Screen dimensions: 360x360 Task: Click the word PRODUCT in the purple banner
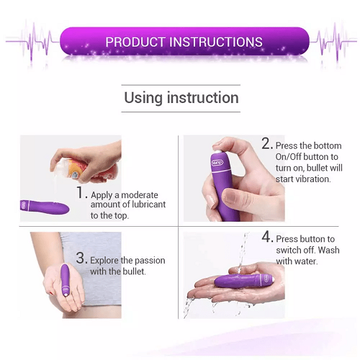(135, 42)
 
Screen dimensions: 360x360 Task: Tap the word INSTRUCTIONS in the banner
(216, 42)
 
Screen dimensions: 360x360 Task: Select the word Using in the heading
(143, 98)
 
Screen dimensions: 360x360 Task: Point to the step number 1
(81, 192)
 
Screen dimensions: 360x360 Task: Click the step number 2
(266, 143)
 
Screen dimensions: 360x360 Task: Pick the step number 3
(81, 258)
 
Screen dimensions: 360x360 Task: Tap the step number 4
(267, 237)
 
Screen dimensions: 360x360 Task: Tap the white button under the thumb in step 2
(218, 151)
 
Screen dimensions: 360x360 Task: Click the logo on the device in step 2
(217, 163)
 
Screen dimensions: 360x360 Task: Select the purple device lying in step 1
(45, 207)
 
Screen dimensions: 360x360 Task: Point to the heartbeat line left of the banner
(32, 41)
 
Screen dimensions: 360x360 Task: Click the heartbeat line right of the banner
(333, 41)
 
